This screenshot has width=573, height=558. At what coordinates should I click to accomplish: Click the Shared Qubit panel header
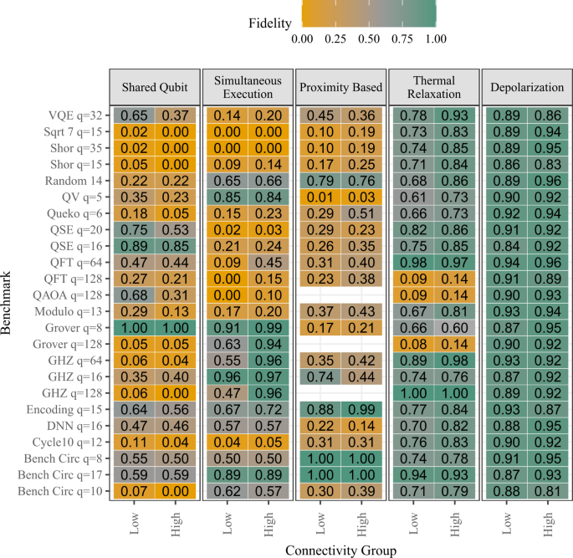point(155,87)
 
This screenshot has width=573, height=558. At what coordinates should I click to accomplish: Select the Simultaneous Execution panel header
point(248,87)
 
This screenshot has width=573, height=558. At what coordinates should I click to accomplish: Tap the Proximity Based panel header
point(340,87)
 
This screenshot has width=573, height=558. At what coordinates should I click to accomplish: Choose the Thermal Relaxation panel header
point(433,87)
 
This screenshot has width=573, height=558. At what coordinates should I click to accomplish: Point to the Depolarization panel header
point(525,87)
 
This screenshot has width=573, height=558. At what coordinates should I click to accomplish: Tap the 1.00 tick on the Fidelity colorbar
point(435,38)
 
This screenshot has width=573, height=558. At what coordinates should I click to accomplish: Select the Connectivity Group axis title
point(340,550)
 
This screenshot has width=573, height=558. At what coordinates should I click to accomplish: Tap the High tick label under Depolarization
point(548,525)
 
